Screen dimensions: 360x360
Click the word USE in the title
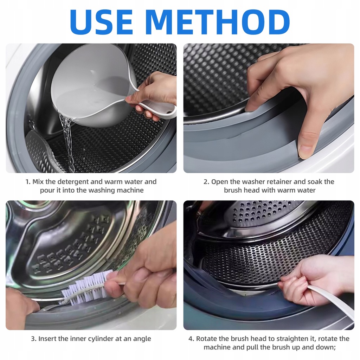tap(101, 22)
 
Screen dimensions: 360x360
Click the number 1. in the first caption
tap(28, 182)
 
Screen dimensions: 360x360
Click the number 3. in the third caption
tap(34, 339)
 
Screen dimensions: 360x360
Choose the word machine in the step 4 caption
tap(217, 347)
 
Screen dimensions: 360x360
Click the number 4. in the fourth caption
tap(192, 339)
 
